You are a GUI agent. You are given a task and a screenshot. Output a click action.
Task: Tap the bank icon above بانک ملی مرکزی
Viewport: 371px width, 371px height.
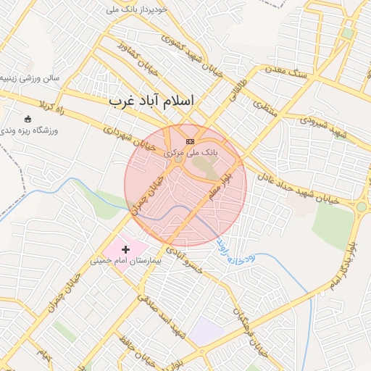[x=190, y=141]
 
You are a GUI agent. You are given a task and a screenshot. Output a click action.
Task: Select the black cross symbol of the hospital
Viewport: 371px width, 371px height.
[x=126, y=249]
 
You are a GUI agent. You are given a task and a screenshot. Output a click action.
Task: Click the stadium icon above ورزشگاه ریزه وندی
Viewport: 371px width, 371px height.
[x=28, y=119]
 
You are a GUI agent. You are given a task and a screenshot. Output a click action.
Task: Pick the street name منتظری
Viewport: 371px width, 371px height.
[x=265, y=108]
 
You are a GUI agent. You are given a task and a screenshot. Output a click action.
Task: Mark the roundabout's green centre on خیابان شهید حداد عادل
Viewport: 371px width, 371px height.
[x=361, y=207]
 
